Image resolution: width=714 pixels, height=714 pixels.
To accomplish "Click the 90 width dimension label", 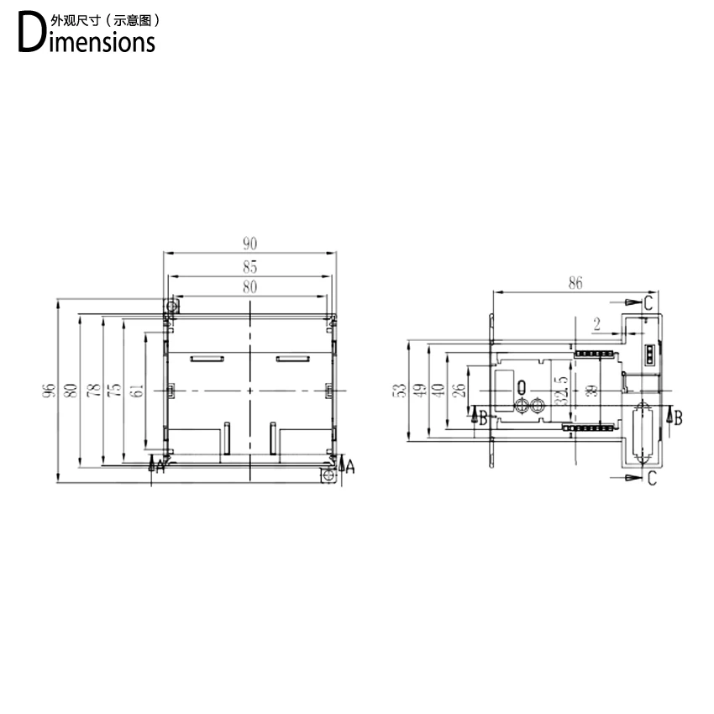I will tap(249, 244).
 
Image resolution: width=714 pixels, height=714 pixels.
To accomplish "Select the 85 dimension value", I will tap(249, 268).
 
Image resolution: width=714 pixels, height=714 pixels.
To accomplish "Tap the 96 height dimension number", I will tap(50, 391).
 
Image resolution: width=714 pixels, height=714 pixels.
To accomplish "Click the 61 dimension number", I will tap(137, 391).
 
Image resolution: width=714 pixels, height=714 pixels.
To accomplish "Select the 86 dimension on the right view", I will tap(575, 283).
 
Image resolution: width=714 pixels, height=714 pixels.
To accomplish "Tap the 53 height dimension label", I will tap(400, 391).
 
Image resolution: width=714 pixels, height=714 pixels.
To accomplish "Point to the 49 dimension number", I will tap(418, 391).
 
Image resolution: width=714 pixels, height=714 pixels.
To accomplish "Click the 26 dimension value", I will tap(457, 391).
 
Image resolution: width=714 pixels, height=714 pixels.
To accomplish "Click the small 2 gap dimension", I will tap(596, 323).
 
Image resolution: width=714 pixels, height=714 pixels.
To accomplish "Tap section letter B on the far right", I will tap(678, 416).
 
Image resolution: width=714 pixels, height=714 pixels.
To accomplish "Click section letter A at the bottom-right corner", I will tap(350, 466).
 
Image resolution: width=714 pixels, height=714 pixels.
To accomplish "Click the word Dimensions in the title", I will tap(87, 38).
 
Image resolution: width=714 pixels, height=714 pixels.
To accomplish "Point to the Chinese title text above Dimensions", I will tap(105, 18).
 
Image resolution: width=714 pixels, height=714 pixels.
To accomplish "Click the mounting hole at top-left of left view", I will tap(171, 306).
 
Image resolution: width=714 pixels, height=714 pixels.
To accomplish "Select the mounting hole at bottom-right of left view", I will tap(328, 476).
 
